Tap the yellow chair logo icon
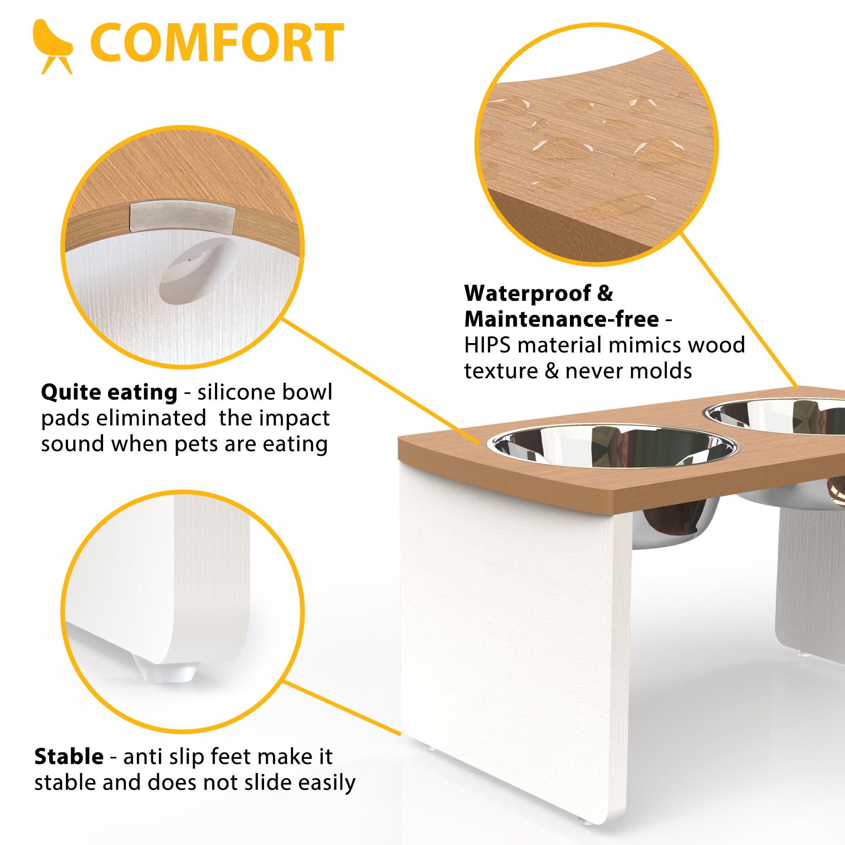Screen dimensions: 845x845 click(53, 46)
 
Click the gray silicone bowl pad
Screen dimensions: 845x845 click(183, 216)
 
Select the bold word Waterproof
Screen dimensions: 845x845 click(528, 294)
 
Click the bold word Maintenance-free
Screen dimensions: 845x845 click(562, 319)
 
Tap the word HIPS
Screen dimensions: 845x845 click(487, 345)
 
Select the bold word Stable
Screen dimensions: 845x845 click(69, 756)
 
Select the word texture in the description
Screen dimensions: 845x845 click(501, 371)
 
